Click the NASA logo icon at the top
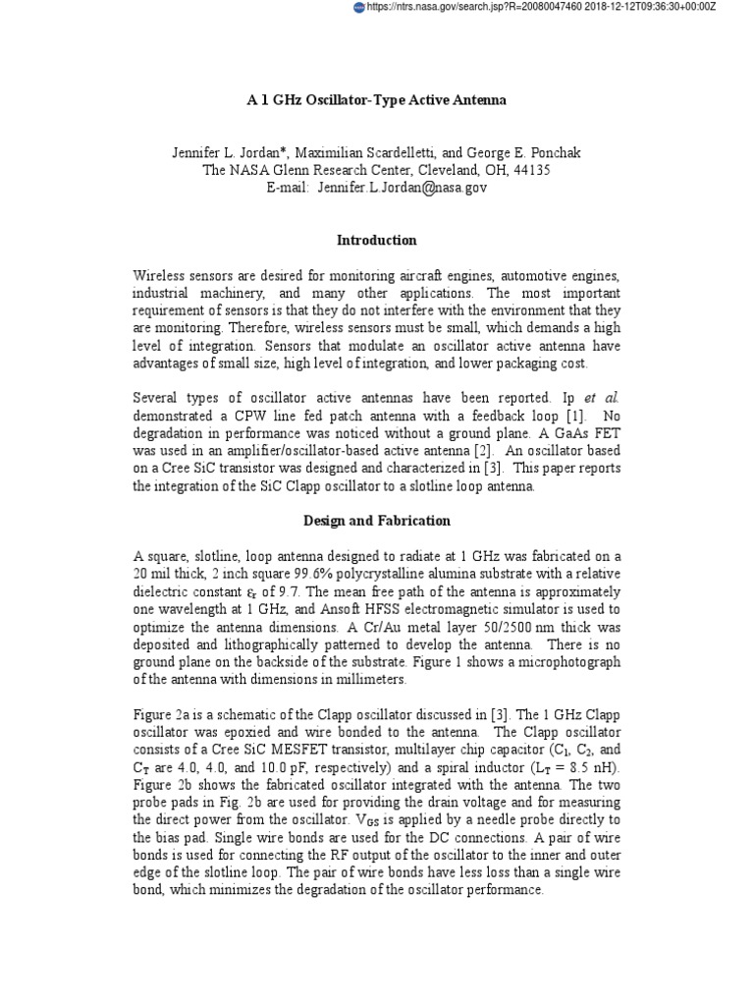[358, 7]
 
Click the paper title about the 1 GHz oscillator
[376, 101]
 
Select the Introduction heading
[376, 240]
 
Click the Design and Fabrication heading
[376, 520]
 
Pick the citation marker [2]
[464, 451]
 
